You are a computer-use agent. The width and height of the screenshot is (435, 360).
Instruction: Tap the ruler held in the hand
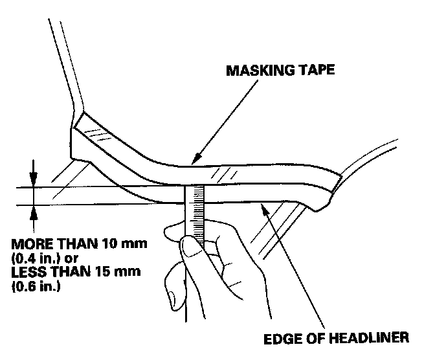click(195, 214)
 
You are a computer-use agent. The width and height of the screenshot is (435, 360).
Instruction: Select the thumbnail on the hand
click(186, 245)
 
